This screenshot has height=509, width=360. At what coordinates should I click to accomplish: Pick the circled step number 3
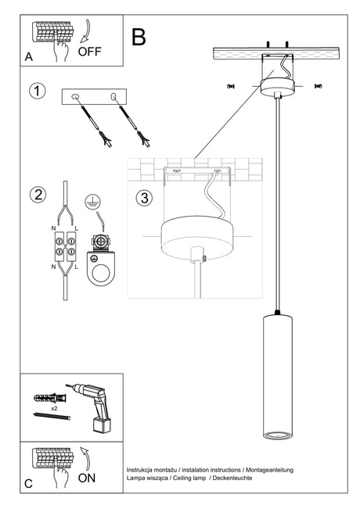143,197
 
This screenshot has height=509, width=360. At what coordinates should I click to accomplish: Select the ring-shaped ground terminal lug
99,270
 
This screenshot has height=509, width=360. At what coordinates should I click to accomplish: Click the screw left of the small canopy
230,85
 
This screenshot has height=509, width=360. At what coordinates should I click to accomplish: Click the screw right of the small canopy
319,85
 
